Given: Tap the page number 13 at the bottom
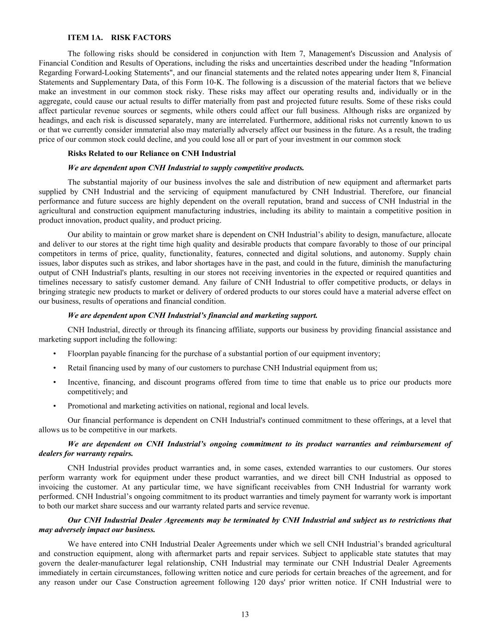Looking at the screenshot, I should pos(245,614).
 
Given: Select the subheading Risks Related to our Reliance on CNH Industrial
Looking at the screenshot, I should pos(151,153).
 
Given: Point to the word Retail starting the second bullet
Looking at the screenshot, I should pos(77,368).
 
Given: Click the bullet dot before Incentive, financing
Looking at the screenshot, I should pos(55,382).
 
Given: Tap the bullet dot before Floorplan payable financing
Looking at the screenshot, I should pos(55,354).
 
